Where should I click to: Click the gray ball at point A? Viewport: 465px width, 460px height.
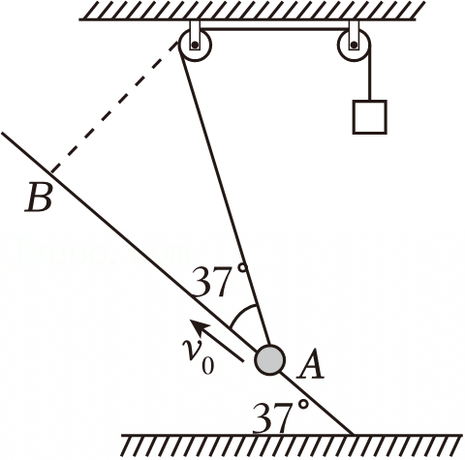coord(270,360)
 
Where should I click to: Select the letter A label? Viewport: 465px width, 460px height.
coord(310,365)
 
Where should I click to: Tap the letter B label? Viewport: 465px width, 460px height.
coord(38,198)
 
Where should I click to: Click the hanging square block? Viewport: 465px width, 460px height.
coord(369,117)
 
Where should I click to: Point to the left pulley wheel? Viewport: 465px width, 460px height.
coord(196,45)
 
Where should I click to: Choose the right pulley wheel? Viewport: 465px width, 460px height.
coord(355,45)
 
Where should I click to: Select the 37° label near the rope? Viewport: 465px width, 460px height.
coord(221,281)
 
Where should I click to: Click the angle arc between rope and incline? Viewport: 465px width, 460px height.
coord(243,312)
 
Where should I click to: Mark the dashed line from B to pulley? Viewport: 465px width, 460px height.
coord(114,107)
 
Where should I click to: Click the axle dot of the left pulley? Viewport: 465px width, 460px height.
coord(195,45)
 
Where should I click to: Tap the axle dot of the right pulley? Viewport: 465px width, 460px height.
coord(355,45)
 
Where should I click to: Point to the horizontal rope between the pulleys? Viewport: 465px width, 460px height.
coord(275,29)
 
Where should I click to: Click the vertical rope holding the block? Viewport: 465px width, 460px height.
coord(370,73)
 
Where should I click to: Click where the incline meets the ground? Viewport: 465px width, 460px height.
coord(353,435)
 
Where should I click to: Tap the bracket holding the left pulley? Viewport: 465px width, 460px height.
coord(195,35)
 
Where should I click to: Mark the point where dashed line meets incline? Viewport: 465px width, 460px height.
coord(51,173)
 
